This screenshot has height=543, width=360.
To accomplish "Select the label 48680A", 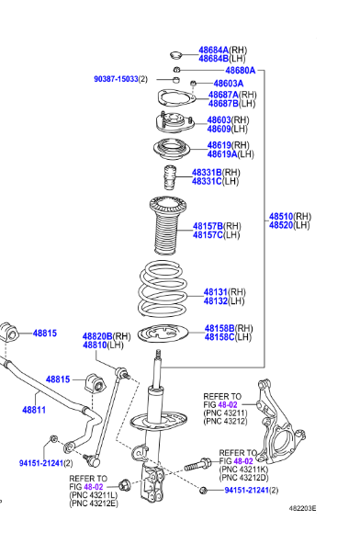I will click(240, 71).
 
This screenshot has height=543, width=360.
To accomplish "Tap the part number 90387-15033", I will click(115, 80).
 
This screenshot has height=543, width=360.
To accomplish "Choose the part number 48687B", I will click(223, 104).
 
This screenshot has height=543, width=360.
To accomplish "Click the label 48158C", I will click(220, 338).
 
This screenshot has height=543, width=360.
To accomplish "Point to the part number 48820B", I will click(97, 336).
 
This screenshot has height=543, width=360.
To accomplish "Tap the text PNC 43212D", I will click(243, 478).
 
